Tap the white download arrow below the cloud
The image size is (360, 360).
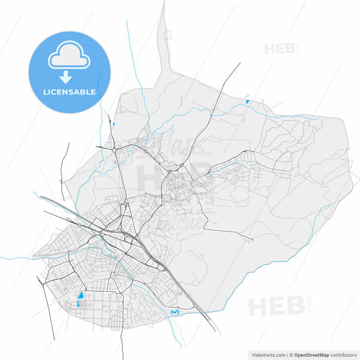pyautogui.click(x=68, y=78)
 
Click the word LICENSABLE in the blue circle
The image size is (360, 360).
pyautogui.click(x=68, y=91)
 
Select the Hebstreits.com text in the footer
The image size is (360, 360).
pyautogui.click(x=267, y=354)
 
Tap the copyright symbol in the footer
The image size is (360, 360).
pyautogui.click(x=292, y=354)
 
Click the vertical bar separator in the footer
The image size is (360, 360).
pyautogui.click(x=286, y=354)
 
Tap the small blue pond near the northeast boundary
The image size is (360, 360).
pyautogui.click(x=247, y=102)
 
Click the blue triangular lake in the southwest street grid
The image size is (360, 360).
pyautogui.click(x=81, y=295)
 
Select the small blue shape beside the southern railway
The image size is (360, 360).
pyautogui.click(x=176, y=311)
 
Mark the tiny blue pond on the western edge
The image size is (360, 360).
pyautogui.click(x=115, y=124)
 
